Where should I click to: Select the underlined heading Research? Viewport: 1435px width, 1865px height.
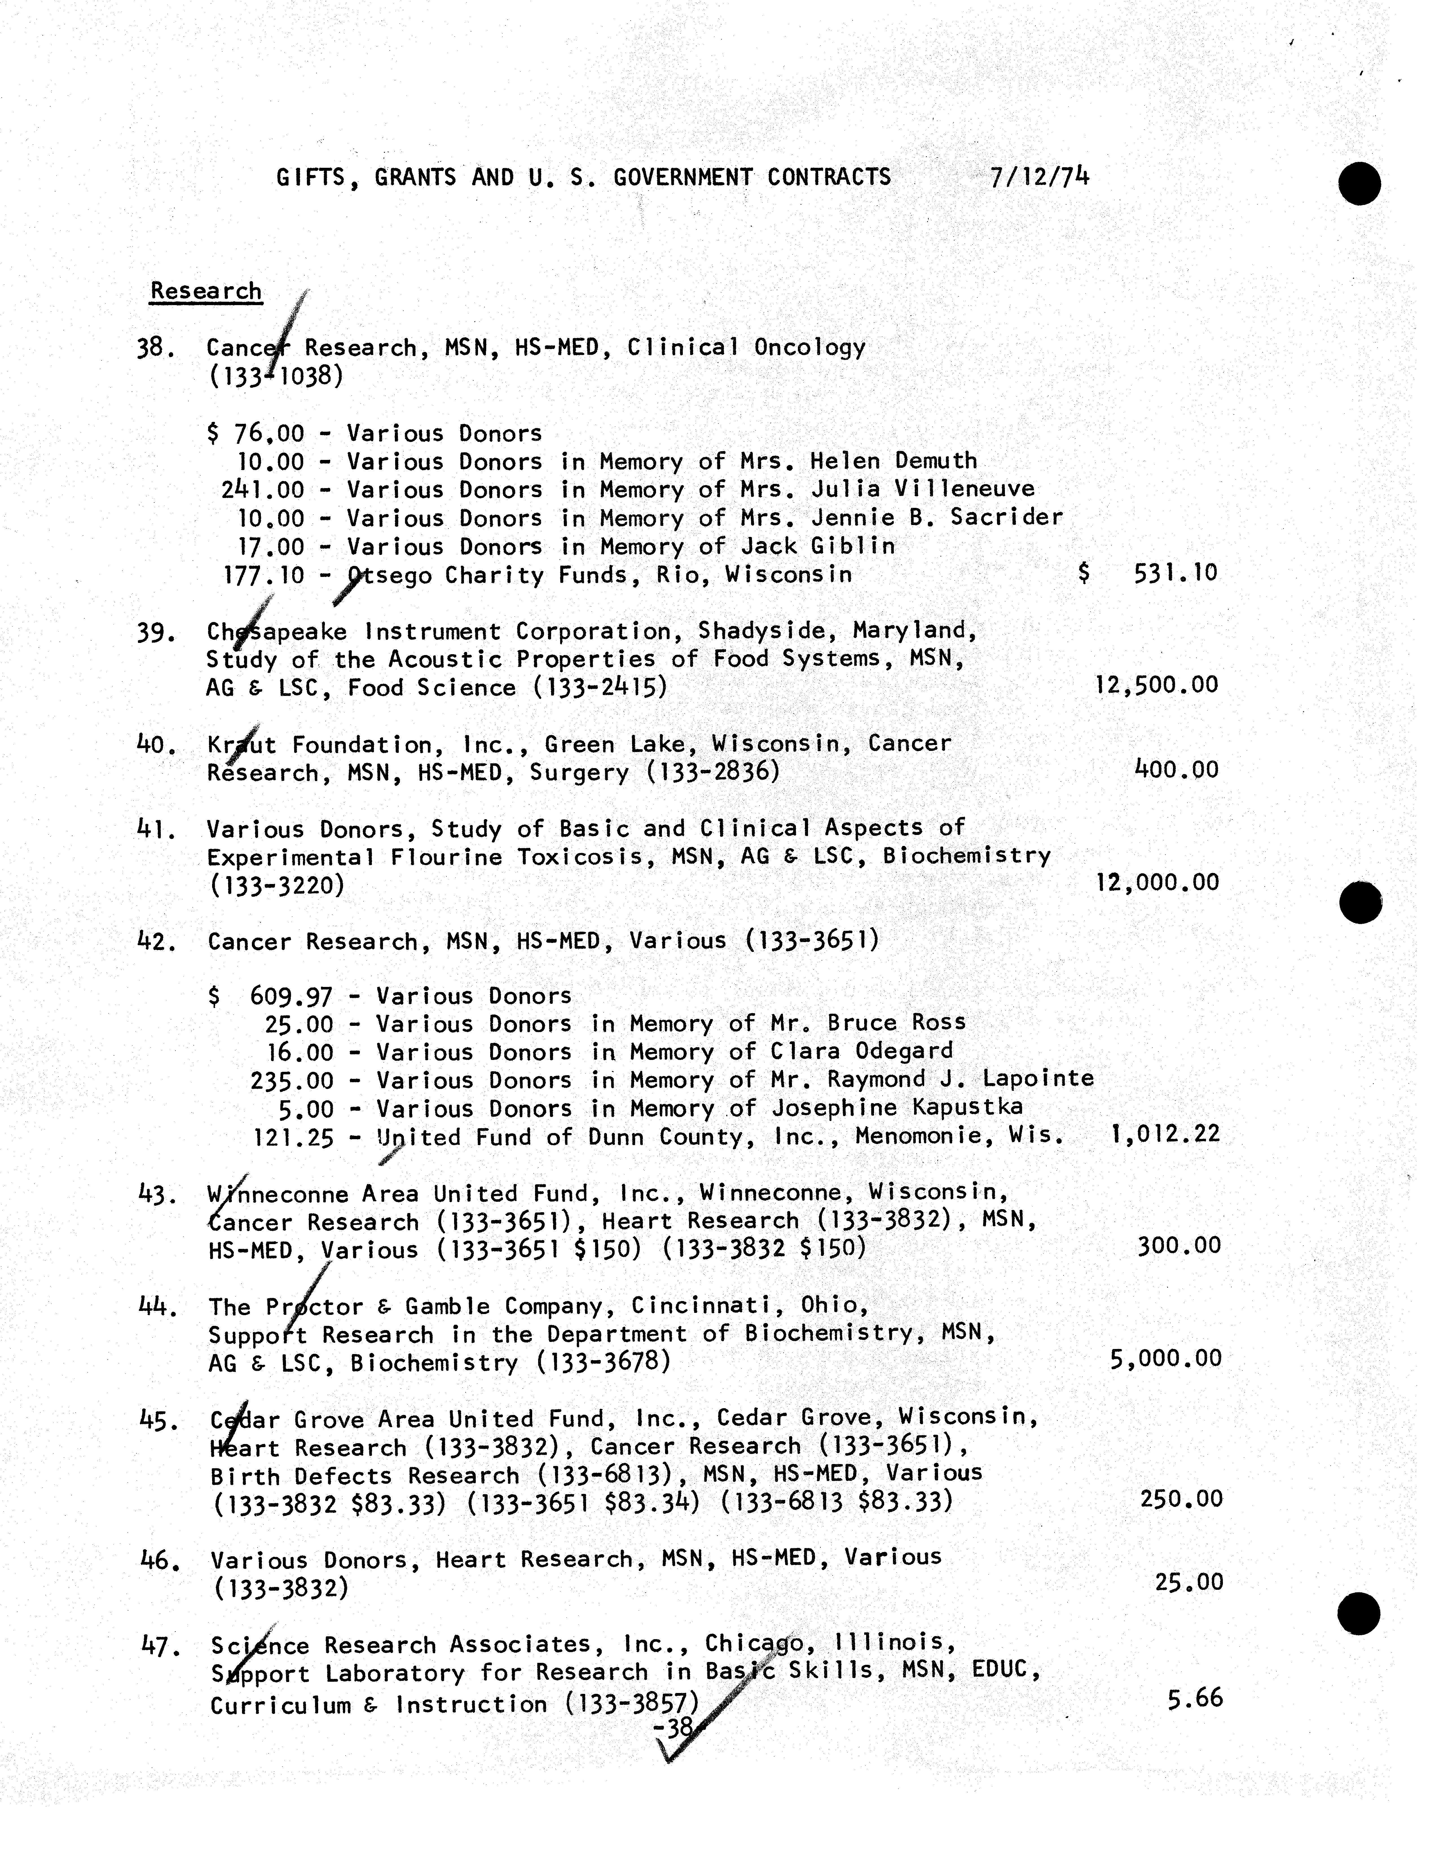pos(206,291)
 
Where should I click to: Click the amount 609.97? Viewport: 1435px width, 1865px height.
pos(291,996)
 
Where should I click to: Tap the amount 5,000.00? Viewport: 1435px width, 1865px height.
pos(1165,1359)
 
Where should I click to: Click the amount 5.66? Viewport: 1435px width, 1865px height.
pos(1195,1698)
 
